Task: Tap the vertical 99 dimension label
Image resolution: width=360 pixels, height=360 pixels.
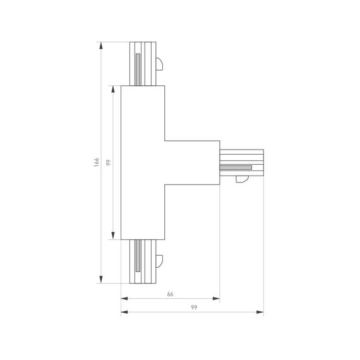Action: click(x=109, y=163)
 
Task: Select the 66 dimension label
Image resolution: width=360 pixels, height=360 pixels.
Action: click(x=170, y=294)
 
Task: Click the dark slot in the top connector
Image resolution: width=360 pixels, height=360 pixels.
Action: click(x=137, y=68)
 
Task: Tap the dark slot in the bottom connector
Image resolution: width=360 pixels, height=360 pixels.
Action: click(x=137, y=257)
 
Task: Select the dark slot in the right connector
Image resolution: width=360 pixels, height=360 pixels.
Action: click(x=236, y=167)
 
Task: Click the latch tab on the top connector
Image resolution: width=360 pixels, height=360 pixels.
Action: click(x=160, y=64)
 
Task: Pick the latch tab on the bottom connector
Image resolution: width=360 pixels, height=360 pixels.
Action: click(x=160, y=260)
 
